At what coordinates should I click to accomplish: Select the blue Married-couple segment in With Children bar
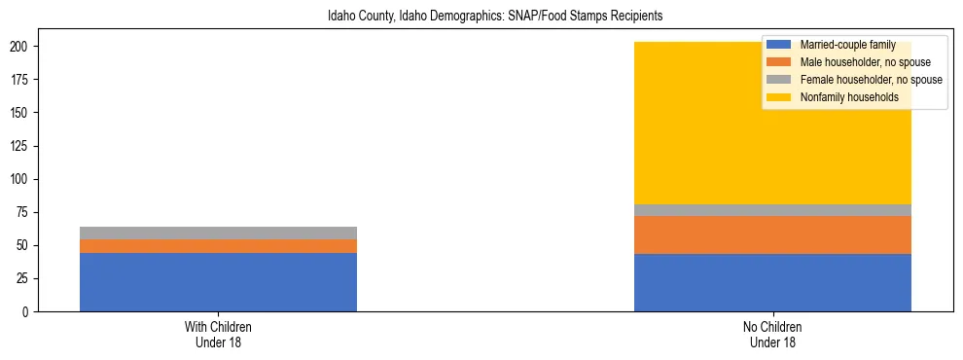218,282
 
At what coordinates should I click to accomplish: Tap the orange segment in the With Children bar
218,246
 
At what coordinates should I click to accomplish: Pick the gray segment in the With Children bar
218,233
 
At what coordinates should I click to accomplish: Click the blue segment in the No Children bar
772,282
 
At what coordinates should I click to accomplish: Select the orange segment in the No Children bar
772,234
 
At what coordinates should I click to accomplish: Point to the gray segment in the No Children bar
772,210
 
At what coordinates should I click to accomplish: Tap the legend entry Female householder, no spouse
871,80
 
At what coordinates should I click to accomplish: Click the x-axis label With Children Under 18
218,335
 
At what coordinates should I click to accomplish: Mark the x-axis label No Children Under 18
772,335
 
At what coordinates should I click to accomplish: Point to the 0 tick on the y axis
28,312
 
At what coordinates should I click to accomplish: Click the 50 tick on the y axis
25,246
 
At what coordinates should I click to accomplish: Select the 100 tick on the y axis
22,180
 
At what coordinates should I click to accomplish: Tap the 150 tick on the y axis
22,113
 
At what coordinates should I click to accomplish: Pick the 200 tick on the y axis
22,47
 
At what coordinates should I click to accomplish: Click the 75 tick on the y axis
25,213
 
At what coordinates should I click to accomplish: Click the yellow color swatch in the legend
779,97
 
